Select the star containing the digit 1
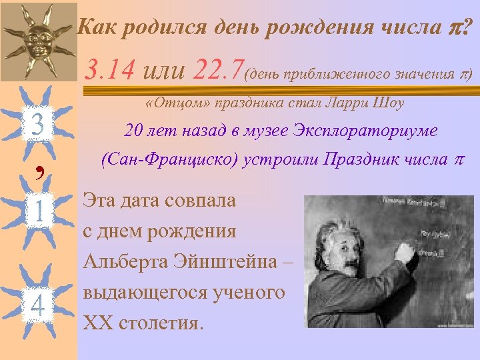point(38,212)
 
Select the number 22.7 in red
point(219,69)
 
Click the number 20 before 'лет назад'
point(134,131)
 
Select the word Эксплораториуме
point(365,131)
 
